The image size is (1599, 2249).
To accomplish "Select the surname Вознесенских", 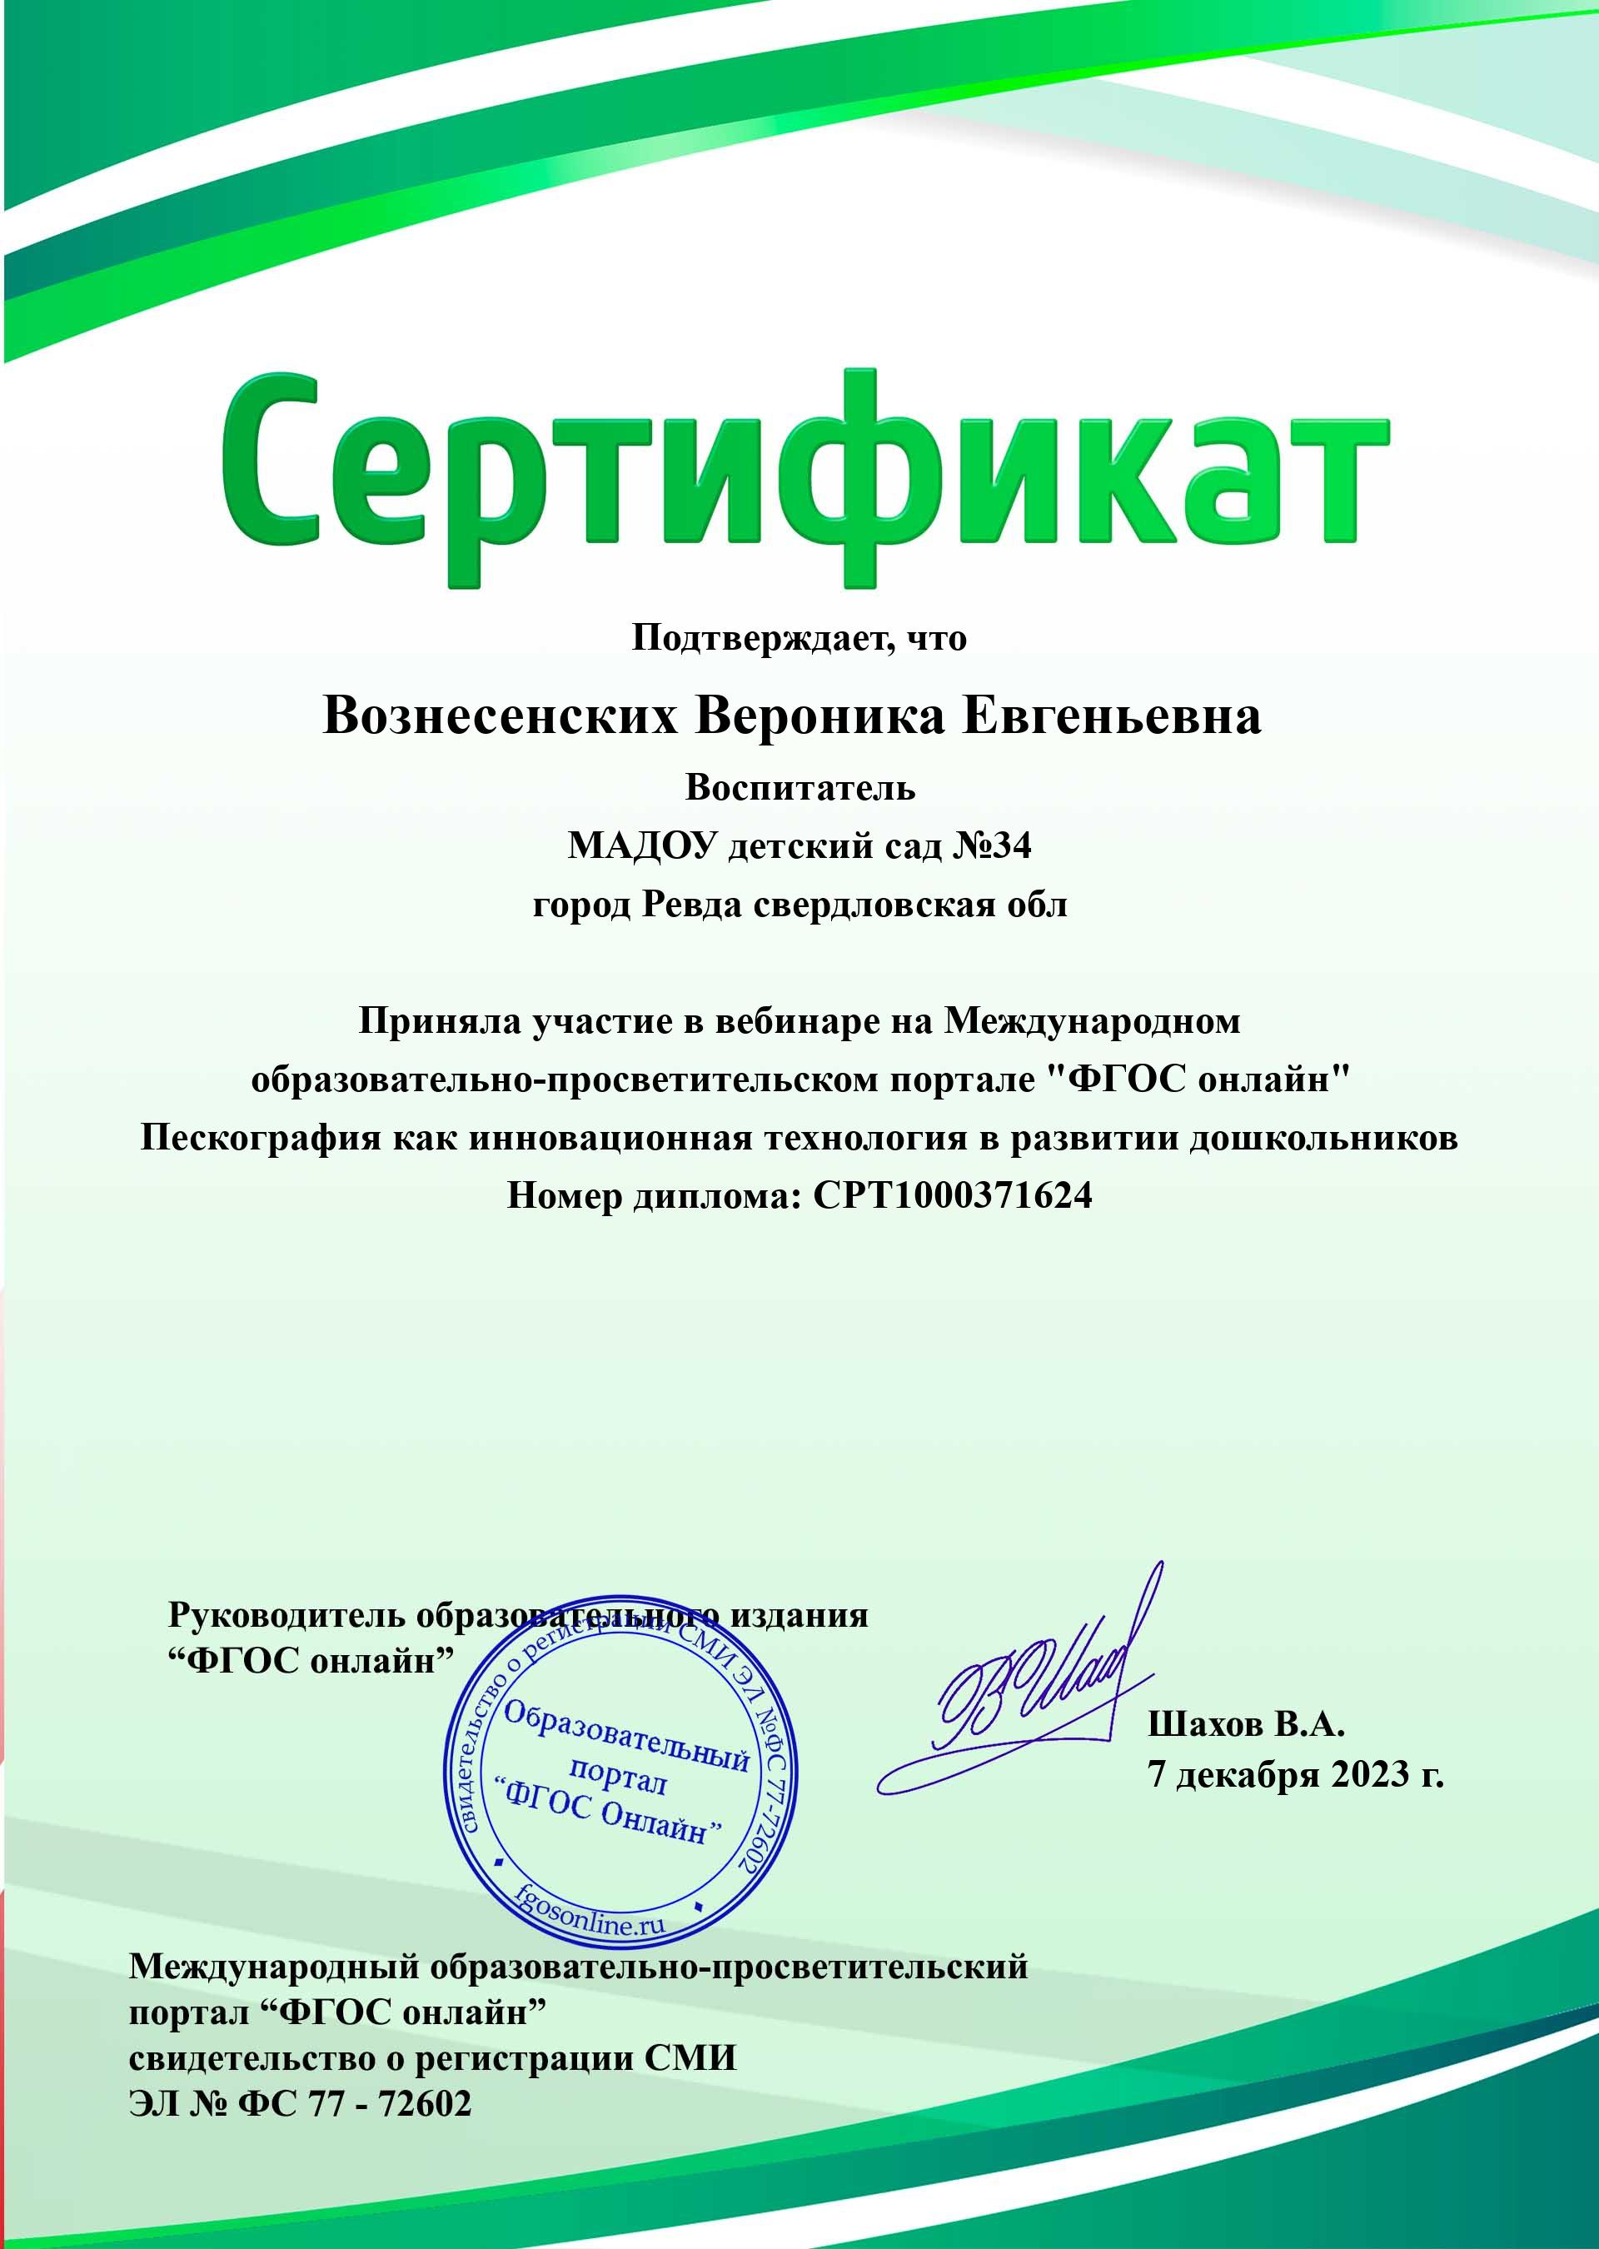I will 501,716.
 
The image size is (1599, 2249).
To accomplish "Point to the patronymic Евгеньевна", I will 1111,716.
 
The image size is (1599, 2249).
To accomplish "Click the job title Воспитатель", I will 799,787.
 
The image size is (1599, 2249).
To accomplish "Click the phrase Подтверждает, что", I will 799,638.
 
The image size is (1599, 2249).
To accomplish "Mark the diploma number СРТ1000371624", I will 952,1195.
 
